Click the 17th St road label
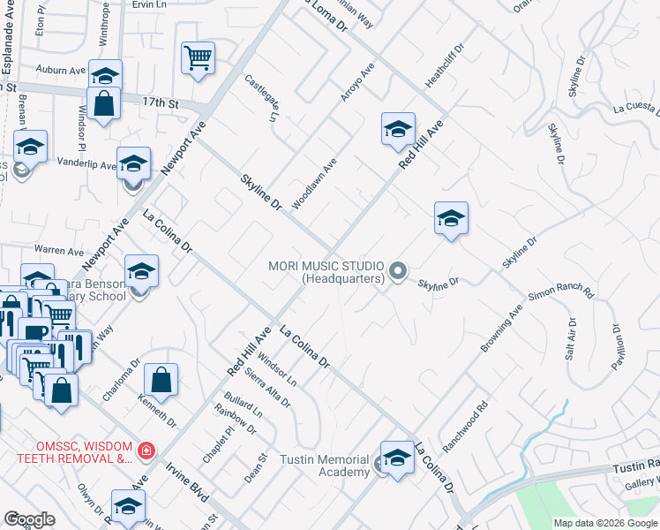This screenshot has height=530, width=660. pyautogui.click(x=161, y=103)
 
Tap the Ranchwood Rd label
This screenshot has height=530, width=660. pyautogui.click(x=466, y=429)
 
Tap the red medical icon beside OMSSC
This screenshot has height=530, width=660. pyautogui.click(x=146, y=451)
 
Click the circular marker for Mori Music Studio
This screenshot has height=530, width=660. pyautogui.click(x=398, y=271)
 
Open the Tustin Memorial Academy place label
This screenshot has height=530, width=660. pyautogui.click(x=324, y=466)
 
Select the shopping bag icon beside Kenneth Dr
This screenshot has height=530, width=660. pyautogui.click(x=161, y=382)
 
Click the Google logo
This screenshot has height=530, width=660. pyautogui.click(x=29, y=519)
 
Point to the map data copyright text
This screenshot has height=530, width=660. pyautogui.click(x=605, y=523)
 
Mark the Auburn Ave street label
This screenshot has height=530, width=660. pyautogui.click(x=60, y=69)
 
